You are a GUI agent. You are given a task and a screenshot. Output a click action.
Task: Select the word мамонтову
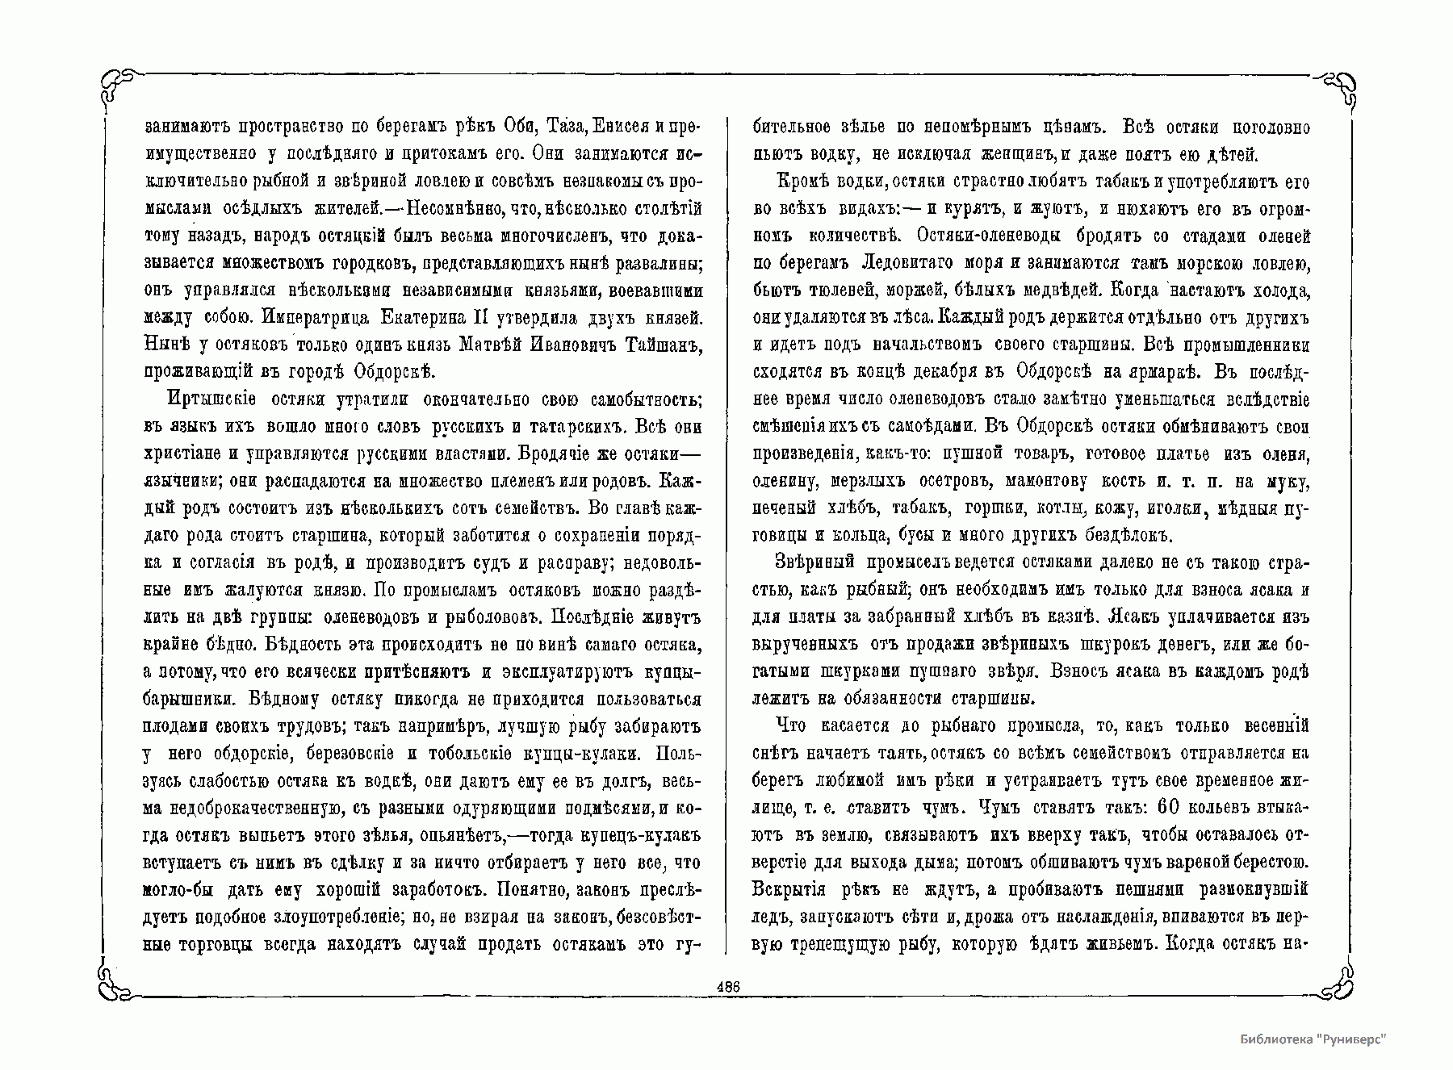tap(1050, 481)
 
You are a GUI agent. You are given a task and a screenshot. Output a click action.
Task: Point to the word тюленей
tap(834, 290)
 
